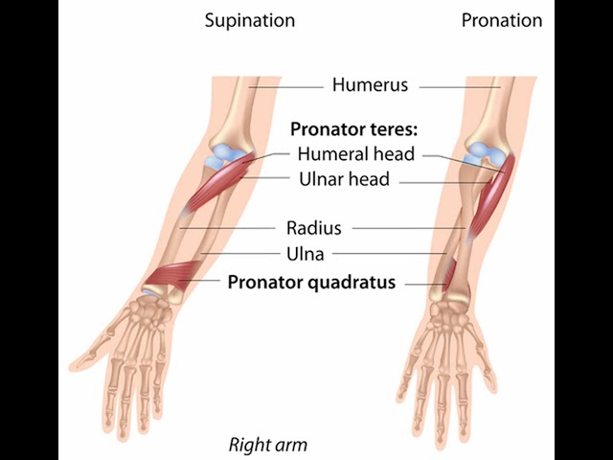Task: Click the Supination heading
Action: tap(249, 20)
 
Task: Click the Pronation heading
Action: tap(501, 20)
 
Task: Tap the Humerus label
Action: tap(370, 85)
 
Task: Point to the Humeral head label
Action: tap(355, 153)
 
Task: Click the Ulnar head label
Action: tap(344, 178)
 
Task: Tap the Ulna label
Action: tap(306, 254)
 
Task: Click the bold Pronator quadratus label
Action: tap(311, 283)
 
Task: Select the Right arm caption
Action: tap(267, 445)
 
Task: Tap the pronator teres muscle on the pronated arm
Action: tap(494, 192)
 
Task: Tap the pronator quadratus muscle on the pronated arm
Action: tap(446, 273)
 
